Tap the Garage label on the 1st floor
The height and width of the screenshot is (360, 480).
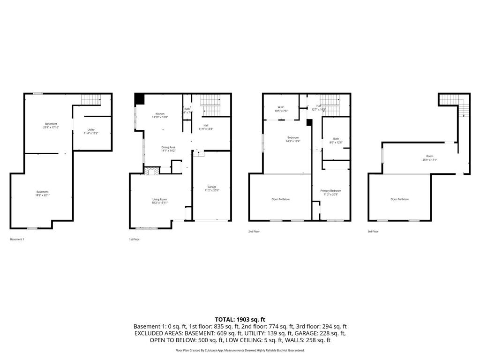[212, 187]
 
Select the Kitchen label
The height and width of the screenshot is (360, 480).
[160, 114]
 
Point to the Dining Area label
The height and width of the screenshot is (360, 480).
[168, 147]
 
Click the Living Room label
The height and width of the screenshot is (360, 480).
[159, 199]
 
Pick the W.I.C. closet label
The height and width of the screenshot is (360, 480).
[281, 107]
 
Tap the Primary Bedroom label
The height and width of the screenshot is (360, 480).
[330, 191]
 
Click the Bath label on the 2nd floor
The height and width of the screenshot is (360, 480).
[336, 139]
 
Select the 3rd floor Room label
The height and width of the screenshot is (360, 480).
[429, 156]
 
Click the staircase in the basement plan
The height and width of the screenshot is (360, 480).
[91, 100]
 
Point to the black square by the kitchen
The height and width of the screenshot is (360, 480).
[139, 99]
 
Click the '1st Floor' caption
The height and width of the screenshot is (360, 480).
[134, 239]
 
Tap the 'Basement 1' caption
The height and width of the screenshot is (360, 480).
[17, 239]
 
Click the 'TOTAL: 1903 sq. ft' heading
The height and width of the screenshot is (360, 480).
[240, 319]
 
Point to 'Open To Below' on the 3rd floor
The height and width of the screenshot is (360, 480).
[399, 199]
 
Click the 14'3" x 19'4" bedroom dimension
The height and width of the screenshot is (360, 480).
[293, 141]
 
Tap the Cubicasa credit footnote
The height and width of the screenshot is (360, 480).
[240, 350]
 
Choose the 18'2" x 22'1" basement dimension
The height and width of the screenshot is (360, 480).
[42, 195]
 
